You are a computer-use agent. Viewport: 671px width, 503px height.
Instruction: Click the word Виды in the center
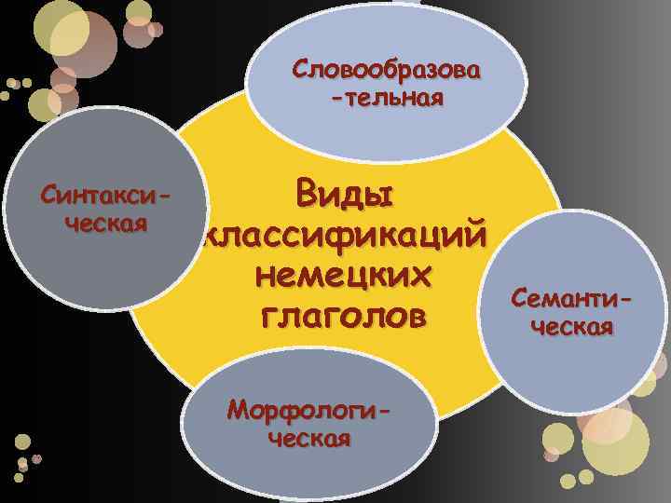click(x=344, y=195)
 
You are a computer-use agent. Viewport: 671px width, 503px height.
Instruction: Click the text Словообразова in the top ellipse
click(x=387, y=70)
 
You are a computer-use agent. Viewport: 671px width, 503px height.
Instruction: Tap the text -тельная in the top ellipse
click(x=387, y=97)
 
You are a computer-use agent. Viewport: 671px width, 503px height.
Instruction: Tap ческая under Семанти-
click(x=572, y=326)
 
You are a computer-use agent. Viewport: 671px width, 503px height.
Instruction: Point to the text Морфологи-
click(x=310, y=410)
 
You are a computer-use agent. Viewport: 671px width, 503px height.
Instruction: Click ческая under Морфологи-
click(x=309, y=438)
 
